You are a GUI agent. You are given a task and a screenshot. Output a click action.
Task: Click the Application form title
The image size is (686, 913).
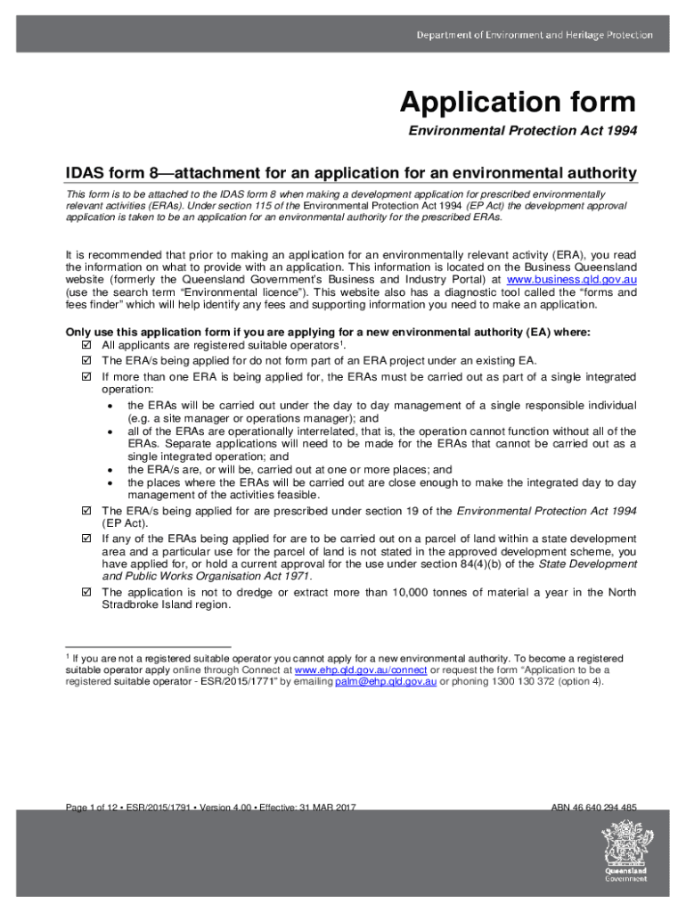(x=518, y=102)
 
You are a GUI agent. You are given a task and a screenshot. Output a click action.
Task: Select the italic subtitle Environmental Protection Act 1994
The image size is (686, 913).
(x=522, y=132)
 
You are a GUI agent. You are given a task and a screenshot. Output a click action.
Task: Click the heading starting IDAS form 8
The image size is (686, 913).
(x=351, y=172)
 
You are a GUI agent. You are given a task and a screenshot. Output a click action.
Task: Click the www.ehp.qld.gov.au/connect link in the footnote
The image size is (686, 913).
(x=361, y=670)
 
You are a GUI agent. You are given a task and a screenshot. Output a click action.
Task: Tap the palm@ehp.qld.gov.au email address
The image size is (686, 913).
(x=385, y=681)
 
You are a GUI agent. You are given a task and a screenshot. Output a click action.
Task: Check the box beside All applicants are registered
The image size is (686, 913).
(x=86, y=344)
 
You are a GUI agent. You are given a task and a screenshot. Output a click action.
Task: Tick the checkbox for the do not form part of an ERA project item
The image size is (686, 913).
(x=86, y=360)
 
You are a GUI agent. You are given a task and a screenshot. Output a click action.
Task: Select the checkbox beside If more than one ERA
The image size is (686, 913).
(x=86, y=376)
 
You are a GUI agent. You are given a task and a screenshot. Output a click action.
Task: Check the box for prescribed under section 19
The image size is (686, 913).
(x=86, y=511)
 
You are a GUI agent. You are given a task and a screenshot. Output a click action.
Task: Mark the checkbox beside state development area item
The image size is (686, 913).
(x=86, y=539)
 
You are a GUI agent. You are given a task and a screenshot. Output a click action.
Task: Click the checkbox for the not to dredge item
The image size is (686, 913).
(x=86, y=592)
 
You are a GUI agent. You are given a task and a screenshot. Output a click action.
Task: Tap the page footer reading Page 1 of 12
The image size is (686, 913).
(x=211, y=808)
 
